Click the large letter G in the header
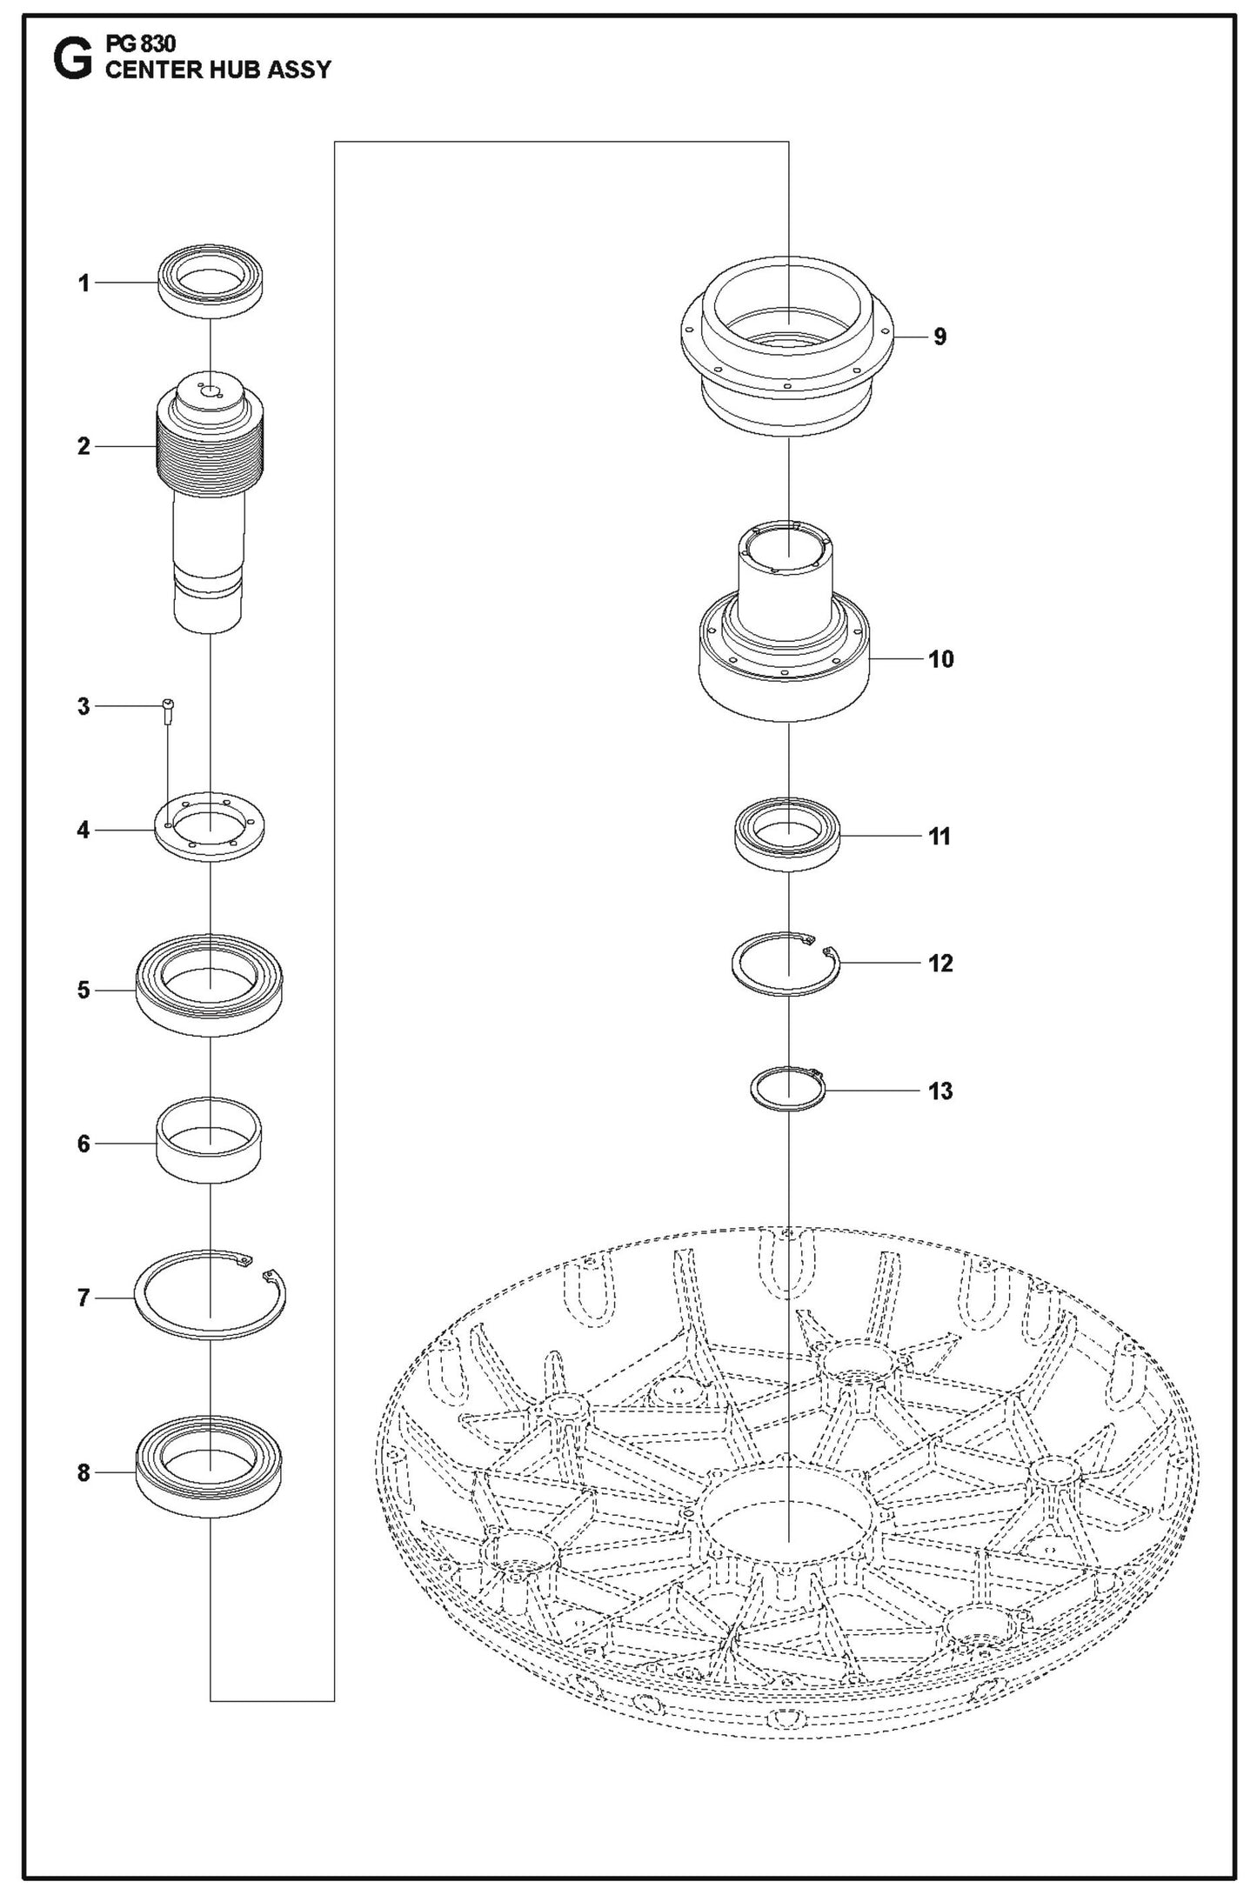pos(71,62)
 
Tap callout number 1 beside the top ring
pos(84,284)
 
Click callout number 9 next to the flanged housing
pos(939,337)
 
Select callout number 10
pos(941,659)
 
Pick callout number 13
pos(941,1091)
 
